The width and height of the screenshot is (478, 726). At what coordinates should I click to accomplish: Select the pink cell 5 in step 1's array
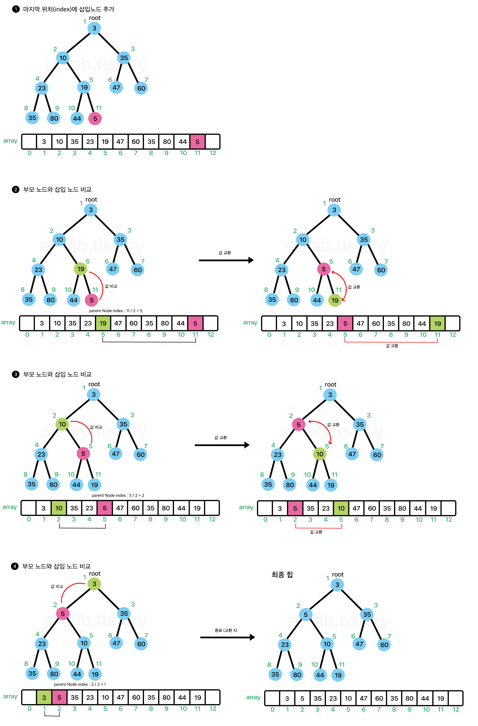point(197,142)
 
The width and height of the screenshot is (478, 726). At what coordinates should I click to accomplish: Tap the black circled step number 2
point(16,189)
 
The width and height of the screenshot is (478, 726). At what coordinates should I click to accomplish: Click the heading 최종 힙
point(282,575)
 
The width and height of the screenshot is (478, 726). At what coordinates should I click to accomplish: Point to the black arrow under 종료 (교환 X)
point(227,637)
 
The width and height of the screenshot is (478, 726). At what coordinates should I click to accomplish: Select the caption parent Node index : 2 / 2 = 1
point(80,684)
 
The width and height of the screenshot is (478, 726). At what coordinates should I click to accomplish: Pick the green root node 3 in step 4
point(94,584)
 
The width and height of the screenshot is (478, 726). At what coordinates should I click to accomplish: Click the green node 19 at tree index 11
point(335,300)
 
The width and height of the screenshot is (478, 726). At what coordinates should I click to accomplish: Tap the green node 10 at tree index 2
point(62,424)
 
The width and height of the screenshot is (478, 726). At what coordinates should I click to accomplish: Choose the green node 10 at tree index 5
point(320,454)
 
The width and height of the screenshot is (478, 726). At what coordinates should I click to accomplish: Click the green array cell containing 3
point(44,698)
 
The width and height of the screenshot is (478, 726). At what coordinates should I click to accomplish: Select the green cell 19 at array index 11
point(437,324)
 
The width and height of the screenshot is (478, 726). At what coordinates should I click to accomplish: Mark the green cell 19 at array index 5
point(103,323)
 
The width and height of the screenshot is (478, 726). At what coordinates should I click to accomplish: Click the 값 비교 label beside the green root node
point(57,586)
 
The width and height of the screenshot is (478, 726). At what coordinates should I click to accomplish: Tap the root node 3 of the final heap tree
point(337,585)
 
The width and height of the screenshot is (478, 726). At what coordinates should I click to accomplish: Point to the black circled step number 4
point(15,566)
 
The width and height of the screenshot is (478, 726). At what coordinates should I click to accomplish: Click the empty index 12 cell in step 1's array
point(213,142)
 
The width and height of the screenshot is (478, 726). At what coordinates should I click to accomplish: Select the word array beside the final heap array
point(253,697)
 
